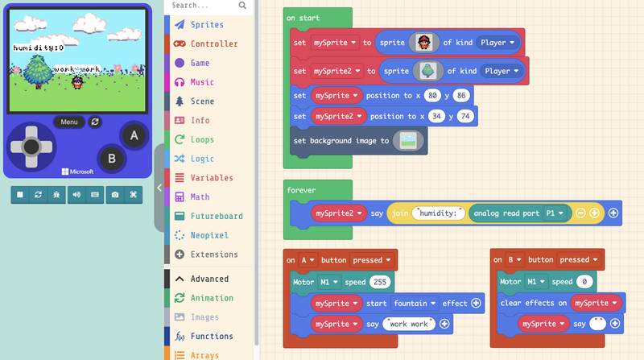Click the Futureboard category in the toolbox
[x=216, y=216]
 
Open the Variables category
[x=212, y=178]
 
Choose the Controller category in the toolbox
[x=214, y=43]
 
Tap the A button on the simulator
[x=134, y=136]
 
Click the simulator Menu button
[x=69, y=122]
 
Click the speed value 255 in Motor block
[x=379, y=282]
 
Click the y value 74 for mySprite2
[x=464, y=116]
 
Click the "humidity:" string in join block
[x=439, y=213]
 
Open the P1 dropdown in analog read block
[x=553, y=213]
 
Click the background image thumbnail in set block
[x=408, y=140]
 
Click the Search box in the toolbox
[x=205, y=6]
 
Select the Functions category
[x=212, y=336]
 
